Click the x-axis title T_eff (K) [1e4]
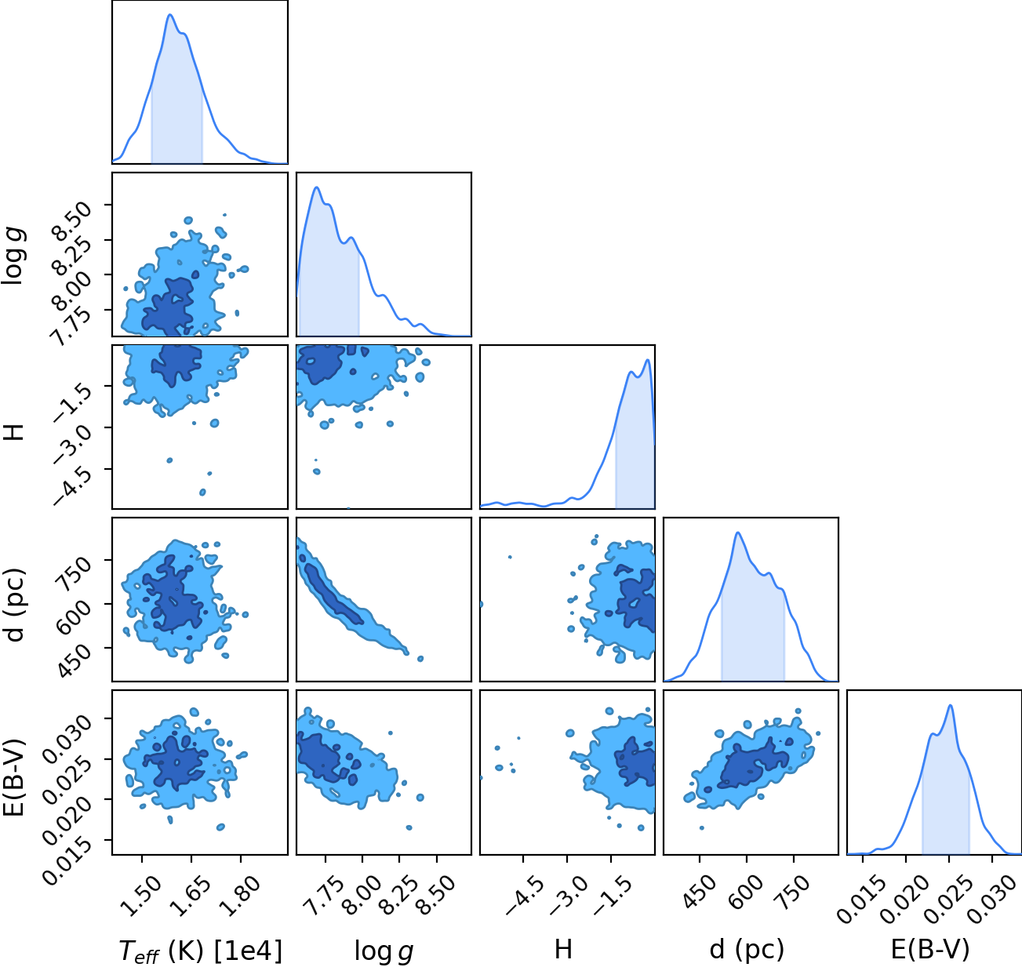click(x=201, y=951)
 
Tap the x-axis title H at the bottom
click(x=563, y=949)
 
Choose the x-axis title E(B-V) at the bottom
click(x=930, y=950)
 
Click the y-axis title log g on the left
click(x=13, y=254)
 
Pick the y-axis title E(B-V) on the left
click(x=14, y=777)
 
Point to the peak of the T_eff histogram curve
click(x=170, y=15)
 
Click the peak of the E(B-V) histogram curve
click(x=951, y=705)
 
